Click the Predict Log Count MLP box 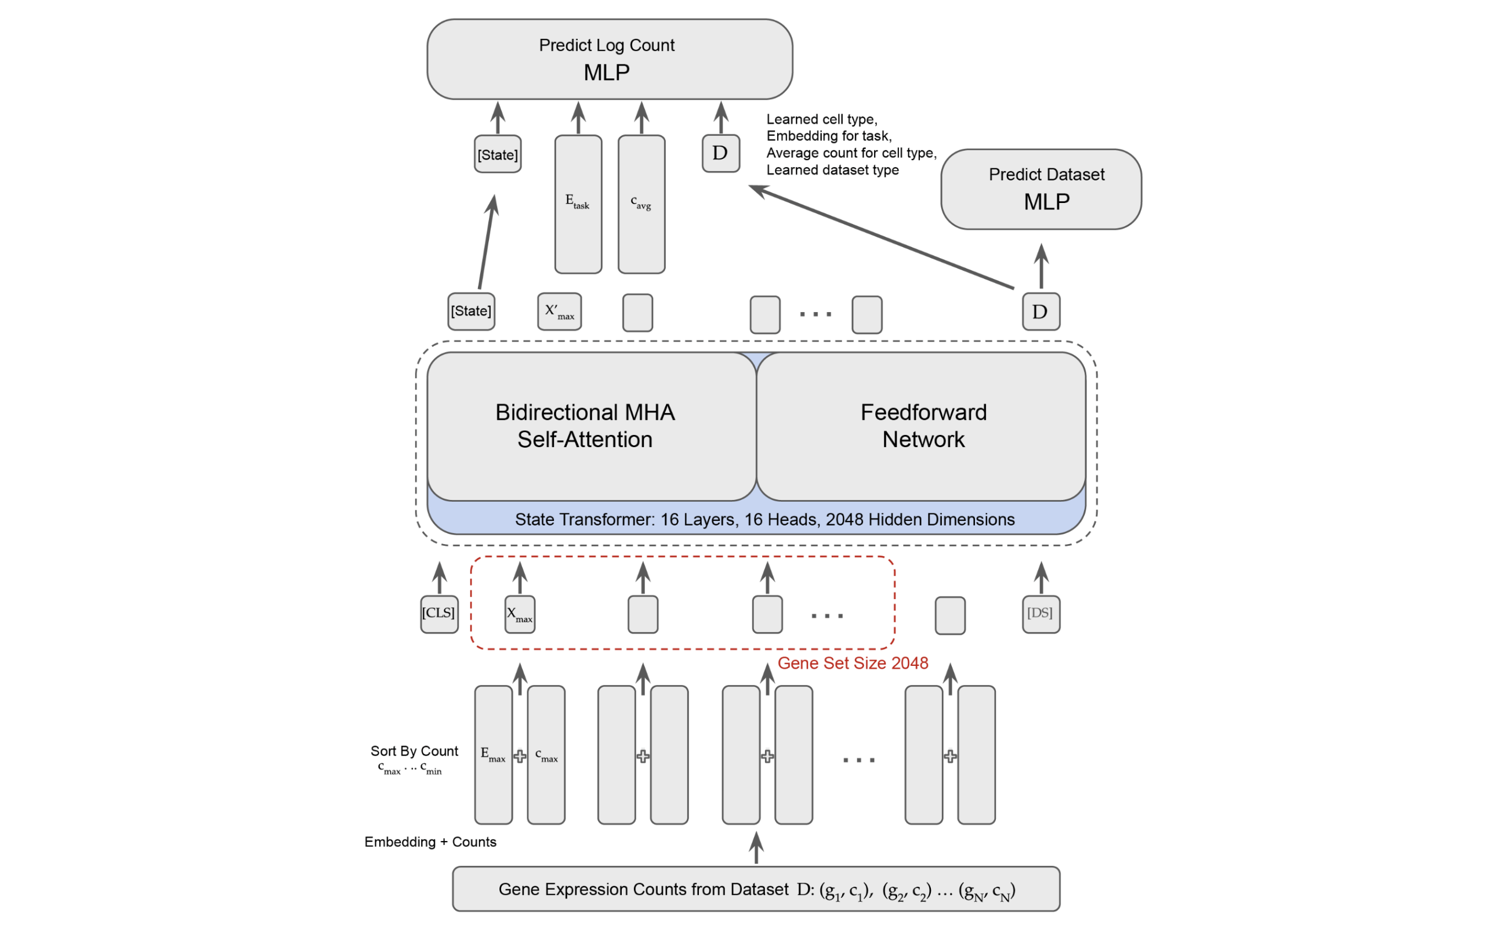click(x=609, y=60)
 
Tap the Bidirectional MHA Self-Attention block click(x=590, y=426)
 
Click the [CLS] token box click(x=439, y=614)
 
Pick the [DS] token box click(x=1042, y=614)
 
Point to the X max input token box click(x=519, y=614)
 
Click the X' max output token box click(x=559, y=312)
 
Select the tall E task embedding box click(x=578, y=204)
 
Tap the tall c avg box click(x=641, y=204)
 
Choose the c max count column click(x=546, y=755)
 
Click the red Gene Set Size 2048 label click(x=853, y=664)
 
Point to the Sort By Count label click(x=414, y=751)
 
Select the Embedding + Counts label click(x=430, y=842)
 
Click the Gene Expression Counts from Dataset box click(x=756, y=889)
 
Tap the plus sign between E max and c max click(x=520, y=757)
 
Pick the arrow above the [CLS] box click(x=440, y=577)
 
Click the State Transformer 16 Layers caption click(x=764, y=520)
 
